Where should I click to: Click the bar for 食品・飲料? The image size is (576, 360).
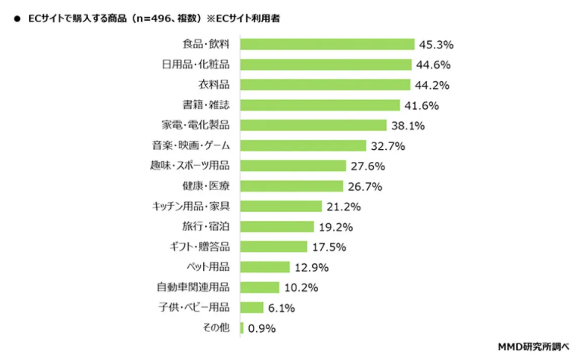point(327,44)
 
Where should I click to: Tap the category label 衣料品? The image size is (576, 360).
point(213,85)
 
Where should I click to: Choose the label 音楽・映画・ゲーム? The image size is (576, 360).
point(191,146)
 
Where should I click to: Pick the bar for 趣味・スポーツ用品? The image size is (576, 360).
point(293,166)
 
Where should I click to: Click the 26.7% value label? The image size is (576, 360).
point(365,187)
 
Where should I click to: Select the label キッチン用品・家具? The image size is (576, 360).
point(191,206)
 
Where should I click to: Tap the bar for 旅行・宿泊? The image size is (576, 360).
point(277,227)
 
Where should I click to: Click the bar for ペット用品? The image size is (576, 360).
point(265,267)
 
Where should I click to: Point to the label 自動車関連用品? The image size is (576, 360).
point(193,287)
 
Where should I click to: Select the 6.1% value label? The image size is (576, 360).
point(282,308)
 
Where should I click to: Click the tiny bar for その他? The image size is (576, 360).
point(242,328)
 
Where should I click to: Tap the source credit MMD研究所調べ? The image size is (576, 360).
point(533,346)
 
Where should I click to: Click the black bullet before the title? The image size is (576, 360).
point(17,20)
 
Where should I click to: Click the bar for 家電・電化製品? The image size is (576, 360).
point(313,125)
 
